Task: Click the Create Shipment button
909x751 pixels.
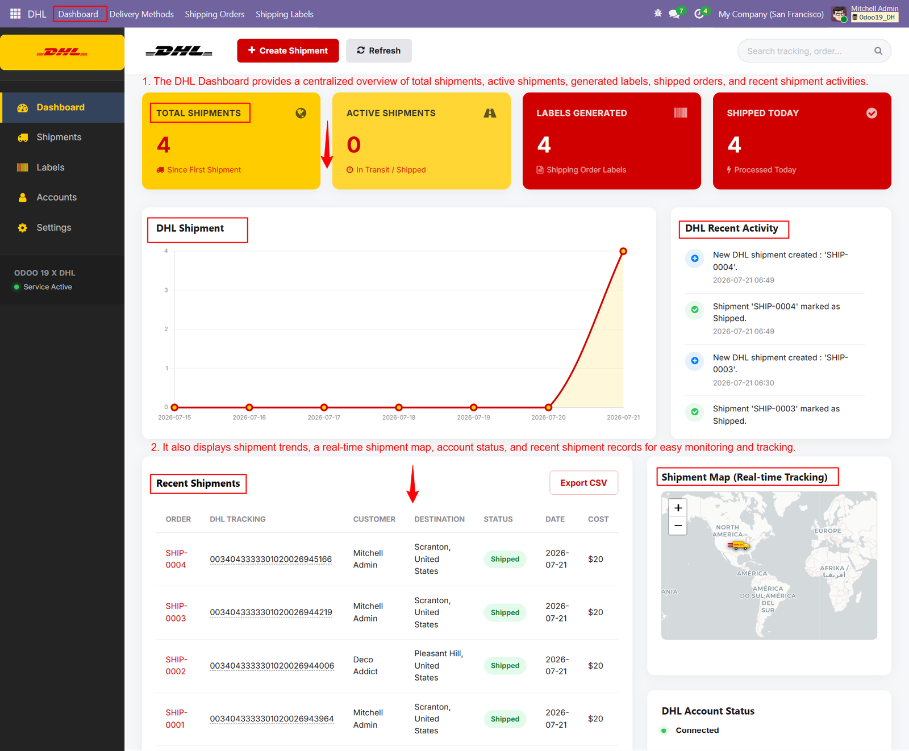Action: pyautogui.click(x=288, y=51)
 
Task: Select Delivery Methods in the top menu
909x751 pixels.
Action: pyautogui.click(x=141, y=14)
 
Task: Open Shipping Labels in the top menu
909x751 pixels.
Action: pyautogui.click(x=285, y=14)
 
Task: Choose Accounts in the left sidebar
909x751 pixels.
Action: pyautogui.click(x=56, y=197)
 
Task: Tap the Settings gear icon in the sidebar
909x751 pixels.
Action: pyautogui.click(x=23, y=228)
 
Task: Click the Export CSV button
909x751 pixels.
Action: pyautogui.click(x=583, y=483)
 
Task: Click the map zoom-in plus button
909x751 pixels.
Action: pyautogui.click(x=678, y=508)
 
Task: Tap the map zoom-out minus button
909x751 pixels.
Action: pyautogui.click(x=678, y=526)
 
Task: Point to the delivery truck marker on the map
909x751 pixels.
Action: pyautogui.click(x=738, y=546)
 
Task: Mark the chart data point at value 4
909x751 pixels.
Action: pyautogui.click(x=623, y=251)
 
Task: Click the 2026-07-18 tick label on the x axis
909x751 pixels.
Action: pyautogui.click(x=399, y=418)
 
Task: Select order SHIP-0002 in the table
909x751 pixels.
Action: pyautogui.click(x=176, y=665)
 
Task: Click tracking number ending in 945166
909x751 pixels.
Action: pyautogui.click(x=270, y=559)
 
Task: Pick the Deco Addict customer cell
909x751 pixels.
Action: pyautogui.click(x=365, y=665)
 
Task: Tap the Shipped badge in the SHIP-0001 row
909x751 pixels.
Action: pyautogui.click(x=505, y=719)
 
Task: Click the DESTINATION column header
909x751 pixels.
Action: pyautogui.click(x=439, y=519)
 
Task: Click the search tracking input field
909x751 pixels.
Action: pyautogui.click(x=807, y=51)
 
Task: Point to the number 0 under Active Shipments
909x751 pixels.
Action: pyautogui.click(x=354, y=145)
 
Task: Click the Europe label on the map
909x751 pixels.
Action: pyautogui.click(x=828, y=531)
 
